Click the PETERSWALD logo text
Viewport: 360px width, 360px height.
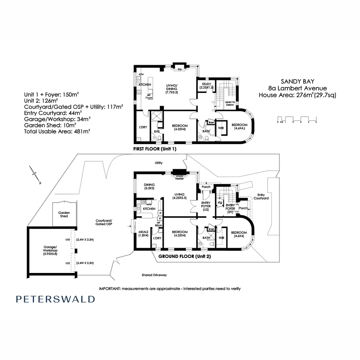tap(55, 299)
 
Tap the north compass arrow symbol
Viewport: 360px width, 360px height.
tap(34, 173)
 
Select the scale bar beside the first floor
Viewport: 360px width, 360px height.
tap(297, 119)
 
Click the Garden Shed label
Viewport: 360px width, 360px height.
tap(64, 214)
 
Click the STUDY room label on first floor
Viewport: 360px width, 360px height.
tap(206, 85)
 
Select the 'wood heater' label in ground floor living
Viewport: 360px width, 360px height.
tap(180, 177)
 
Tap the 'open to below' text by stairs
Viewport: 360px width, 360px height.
tap(230, 104)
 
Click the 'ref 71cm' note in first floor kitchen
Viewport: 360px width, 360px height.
tap(149, 96)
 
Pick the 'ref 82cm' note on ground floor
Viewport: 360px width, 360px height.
tap(158, 224)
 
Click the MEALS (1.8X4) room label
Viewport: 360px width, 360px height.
tap(144, 233)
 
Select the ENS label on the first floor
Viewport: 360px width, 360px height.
tap(157, 132)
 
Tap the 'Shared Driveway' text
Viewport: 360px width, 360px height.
tap(154, 275)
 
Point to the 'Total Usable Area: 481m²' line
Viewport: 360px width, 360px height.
tap(57, 131)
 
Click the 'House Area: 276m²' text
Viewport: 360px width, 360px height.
tap(297, 95)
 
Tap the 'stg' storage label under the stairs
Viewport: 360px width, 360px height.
tap(220, 202)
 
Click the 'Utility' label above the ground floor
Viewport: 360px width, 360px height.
tap(158, 163)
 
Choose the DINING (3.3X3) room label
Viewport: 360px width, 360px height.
tap(149, 186)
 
